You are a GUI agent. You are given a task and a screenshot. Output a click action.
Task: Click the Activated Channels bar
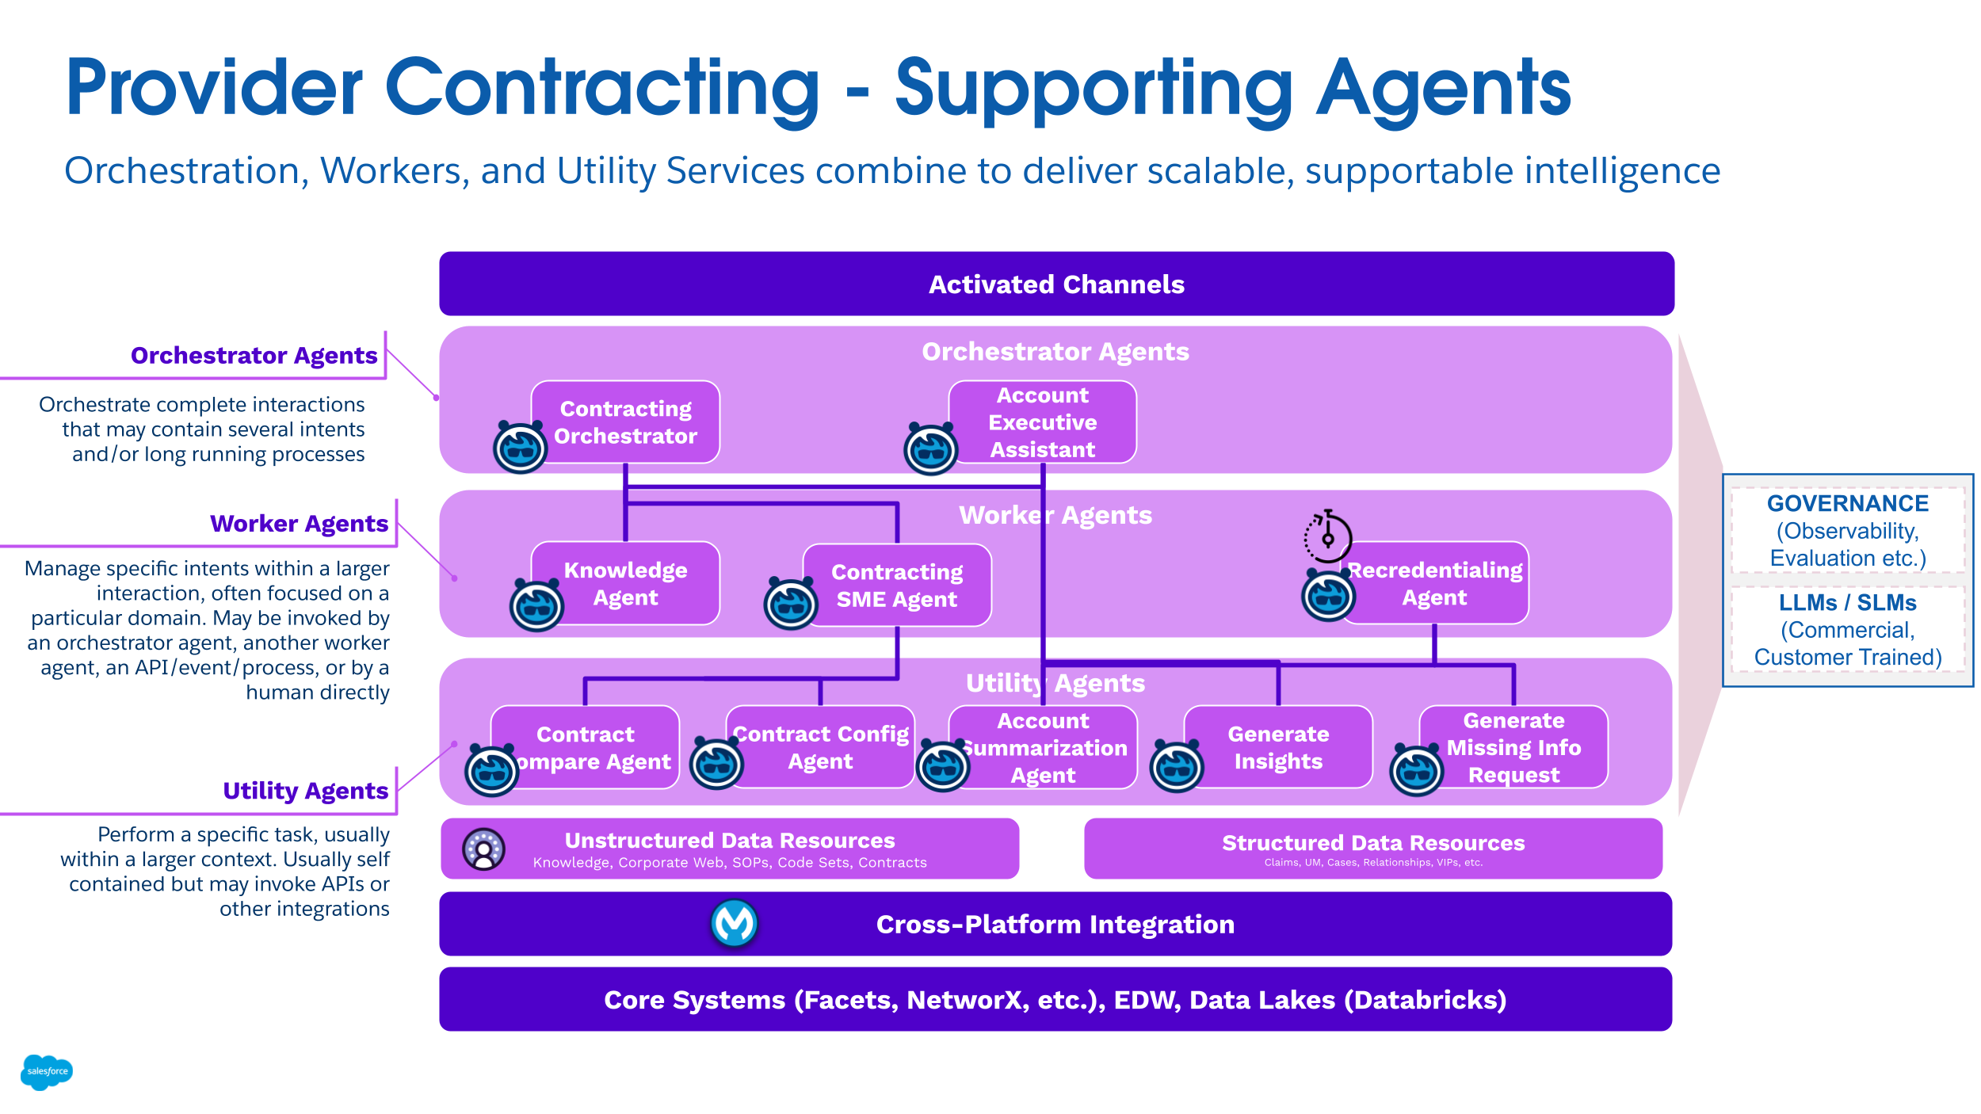point(1055,284)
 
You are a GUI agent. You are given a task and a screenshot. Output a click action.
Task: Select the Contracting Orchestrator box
point(626,422)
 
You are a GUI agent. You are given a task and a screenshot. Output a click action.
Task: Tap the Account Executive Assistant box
point(1043,422)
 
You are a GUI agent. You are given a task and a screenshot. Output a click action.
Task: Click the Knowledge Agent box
point(626,583)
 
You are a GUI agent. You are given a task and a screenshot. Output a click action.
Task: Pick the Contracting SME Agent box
point(897,586)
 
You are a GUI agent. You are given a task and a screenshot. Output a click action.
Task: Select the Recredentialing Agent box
point(1434,583)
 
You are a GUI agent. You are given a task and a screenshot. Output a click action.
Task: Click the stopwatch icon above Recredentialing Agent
point(1328,536)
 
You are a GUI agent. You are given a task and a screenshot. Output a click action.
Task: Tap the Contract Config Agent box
point(821,747)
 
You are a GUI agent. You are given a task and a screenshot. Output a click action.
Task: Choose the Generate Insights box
point(1278,747)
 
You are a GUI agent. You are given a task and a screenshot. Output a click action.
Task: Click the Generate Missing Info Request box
point(1513,747)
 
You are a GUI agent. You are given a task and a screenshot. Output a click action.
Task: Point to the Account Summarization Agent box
point(1043,747)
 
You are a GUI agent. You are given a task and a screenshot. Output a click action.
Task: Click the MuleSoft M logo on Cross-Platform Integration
point(734,923)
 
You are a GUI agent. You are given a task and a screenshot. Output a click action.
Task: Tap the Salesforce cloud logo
point(47,1071)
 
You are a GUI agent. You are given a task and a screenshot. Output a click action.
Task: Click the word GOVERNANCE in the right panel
point(1847,503)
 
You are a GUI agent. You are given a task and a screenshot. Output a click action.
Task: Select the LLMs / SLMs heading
point(1847,602)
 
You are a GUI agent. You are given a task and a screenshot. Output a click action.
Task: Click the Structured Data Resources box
point(1372,848)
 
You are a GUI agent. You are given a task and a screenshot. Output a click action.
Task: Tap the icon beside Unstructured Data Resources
point(483,849)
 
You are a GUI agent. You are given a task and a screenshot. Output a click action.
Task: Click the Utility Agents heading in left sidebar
point(305,790)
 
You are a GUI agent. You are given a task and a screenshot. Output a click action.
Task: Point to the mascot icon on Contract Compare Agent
point(491,770)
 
